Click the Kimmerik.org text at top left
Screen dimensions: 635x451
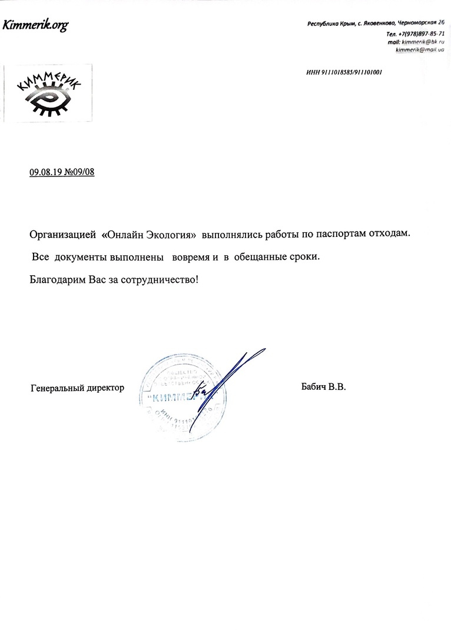pos(35,25)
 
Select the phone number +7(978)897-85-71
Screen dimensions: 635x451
pos(421,34)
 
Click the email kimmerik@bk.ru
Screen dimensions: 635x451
pos(423,42)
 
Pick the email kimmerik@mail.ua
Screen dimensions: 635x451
pos(420,50)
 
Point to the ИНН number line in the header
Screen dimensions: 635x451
pos(344,72)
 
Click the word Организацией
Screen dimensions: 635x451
pos(62,234)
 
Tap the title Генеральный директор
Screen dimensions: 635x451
pos(77,388)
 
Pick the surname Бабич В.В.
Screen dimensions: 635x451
pos(323,387)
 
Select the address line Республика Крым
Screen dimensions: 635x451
pos(332,24)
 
